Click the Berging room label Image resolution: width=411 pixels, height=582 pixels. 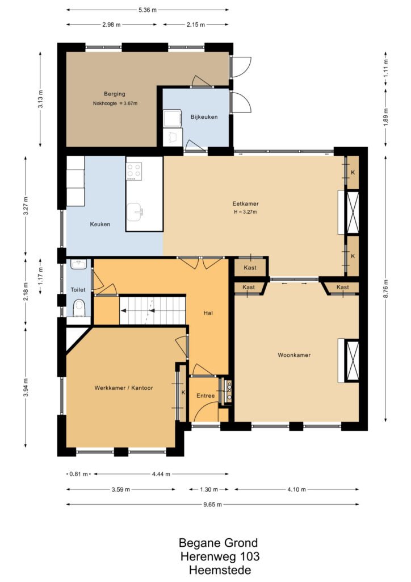click(115, 94)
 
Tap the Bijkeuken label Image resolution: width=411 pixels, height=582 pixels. click(204, 117)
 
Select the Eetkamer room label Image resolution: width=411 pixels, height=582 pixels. click(245, 203)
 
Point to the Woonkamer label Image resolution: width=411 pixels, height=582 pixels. click(294, 355)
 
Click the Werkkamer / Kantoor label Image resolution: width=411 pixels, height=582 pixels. click(123, 388)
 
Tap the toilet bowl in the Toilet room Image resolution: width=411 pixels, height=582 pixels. click(79, 308)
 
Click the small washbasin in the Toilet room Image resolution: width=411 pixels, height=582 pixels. click(78, 264)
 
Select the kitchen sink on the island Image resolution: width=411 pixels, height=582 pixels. click(135, 212)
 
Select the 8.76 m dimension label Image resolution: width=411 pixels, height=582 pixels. click(386, 288)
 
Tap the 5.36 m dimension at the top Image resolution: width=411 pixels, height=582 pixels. click(148, 10)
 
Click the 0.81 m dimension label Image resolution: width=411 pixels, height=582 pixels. click(78, 474)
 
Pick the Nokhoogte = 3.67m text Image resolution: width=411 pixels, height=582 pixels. click(115, 103)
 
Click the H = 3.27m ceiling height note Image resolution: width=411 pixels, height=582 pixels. click(245, 212)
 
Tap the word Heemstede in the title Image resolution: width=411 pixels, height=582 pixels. click(220, 569)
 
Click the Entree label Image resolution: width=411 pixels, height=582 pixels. click(205, 396)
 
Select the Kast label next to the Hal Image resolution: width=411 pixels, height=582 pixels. click(250, 267)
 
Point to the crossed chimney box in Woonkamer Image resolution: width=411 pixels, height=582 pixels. click(352, 360)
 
